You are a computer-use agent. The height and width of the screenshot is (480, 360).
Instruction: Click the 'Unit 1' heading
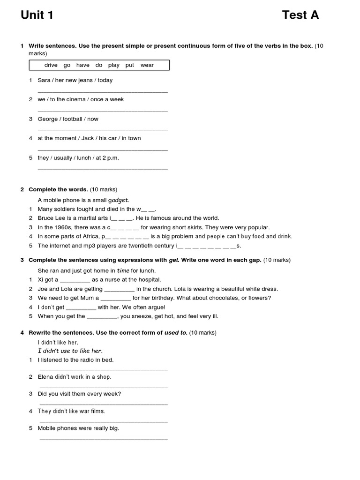37,15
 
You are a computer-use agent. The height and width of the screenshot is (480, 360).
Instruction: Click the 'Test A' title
300,15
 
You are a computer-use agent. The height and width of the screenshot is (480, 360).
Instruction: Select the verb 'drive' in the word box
51,65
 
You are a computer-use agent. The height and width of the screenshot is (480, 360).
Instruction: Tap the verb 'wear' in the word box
147,65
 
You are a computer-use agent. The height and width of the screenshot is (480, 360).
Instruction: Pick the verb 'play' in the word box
113,65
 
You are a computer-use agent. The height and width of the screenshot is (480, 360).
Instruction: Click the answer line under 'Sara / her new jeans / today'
102,91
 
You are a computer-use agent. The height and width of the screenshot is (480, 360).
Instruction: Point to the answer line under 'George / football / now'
102,130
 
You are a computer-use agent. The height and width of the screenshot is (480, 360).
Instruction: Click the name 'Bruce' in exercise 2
46,218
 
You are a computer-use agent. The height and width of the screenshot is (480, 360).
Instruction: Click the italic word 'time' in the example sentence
123,270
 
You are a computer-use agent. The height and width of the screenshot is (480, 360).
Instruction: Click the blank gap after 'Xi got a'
75,280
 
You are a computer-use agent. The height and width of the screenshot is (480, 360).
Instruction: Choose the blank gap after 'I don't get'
81,307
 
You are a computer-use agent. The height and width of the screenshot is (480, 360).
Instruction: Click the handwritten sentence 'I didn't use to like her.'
70,351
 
